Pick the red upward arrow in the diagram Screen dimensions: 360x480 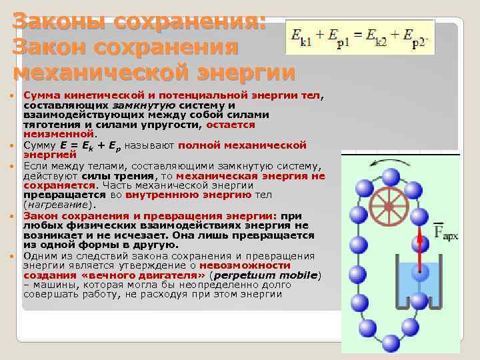click(x=421, y=247)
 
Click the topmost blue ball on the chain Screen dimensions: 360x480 click(x=391, y=177)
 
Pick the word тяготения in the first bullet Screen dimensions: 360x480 click(x=49, y=124)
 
